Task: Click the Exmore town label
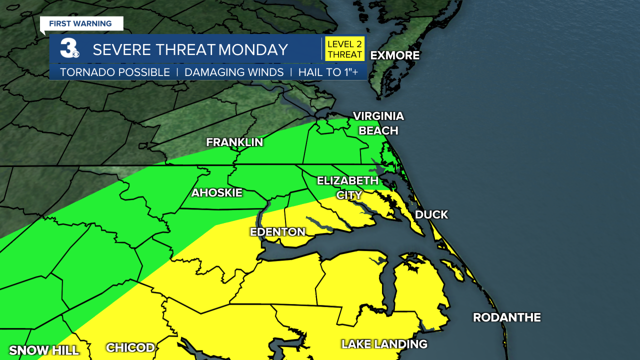tap(394, 55)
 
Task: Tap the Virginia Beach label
tap(378, 123)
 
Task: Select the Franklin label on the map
tap(234, 142)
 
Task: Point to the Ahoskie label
tap(216, 192)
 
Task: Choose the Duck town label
tap(431, 214)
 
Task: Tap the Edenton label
tap(277, 232)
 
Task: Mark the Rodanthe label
tap(506, 317)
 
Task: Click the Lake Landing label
tap(384, 344)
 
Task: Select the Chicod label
tap(130, 347)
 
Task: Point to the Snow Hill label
tap(44, 350)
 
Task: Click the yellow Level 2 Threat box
tap(344, 49)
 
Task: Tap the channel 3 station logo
tap(68, 48)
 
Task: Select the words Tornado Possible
tap(115, 72)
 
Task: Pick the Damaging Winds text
tap(234, 72)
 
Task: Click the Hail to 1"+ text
tap(328, 72)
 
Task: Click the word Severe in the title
tap(121, 49)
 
